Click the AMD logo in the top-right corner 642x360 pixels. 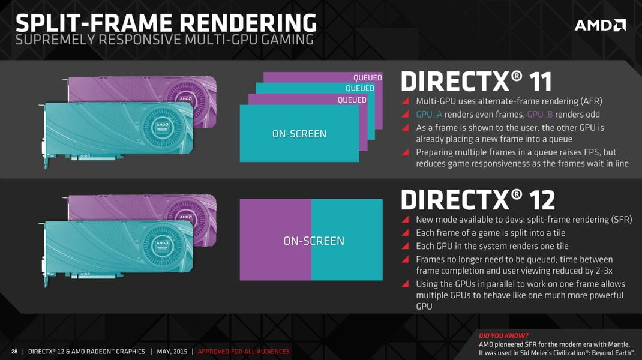[x=600, y=25]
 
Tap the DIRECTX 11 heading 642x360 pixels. [x=476, y=82]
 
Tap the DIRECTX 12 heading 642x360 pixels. [x=478, y=200]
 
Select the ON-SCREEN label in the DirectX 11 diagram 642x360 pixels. [x=299, y=134]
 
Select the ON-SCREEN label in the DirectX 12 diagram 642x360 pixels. [x=314, y=241]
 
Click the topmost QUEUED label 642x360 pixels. [x=367, y=78]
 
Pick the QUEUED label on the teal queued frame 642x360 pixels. [x=359, y=88]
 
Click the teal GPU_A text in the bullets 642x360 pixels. [x=429, y=115]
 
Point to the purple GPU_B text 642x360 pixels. [x=539, y=115]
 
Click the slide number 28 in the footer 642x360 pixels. [x=14, y=352]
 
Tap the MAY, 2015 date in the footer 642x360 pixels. [x=172, y=352]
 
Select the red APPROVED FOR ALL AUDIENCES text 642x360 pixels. [x=244, y=352]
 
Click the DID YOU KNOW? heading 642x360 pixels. [x=503, y=336]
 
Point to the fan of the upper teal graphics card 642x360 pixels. [x=162, y=127]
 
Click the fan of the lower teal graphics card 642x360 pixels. [x=162, y=246]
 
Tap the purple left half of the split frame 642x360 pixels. [x=275, y=239]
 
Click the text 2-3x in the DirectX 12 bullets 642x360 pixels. [x=601, y=271]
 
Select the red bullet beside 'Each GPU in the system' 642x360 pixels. [x=405, y=246]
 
